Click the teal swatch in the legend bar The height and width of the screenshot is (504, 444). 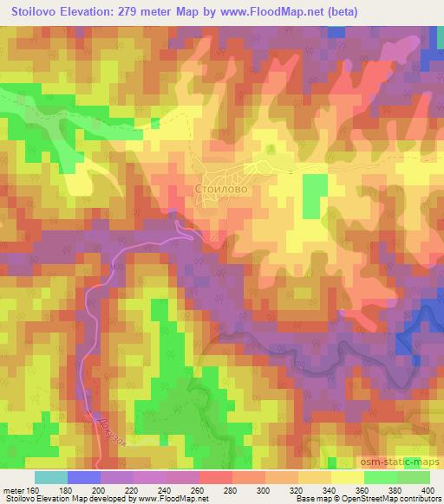[51, 477]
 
